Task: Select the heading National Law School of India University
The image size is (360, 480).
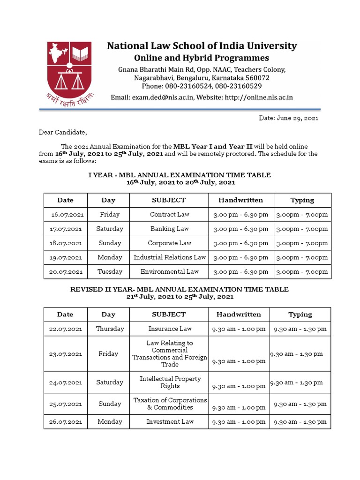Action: [202, 46]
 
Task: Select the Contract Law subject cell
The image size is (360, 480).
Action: [169, 215]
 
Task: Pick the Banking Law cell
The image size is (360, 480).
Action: [169, 229]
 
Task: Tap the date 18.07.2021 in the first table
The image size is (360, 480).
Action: [66, 243]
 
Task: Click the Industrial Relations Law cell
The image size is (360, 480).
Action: [169, 257]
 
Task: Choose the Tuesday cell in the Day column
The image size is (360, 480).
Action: [108, 271]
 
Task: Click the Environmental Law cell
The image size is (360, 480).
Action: [169, 271]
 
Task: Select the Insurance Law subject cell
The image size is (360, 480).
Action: [170, 329]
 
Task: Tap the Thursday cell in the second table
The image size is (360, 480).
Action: [110, 329]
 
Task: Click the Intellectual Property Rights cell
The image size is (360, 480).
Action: [170, 382]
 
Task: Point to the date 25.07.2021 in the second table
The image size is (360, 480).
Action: [66, 404]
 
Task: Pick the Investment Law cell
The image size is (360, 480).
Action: [170, 421]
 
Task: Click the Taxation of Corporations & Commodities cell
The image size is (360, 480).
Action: [170, 404]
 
